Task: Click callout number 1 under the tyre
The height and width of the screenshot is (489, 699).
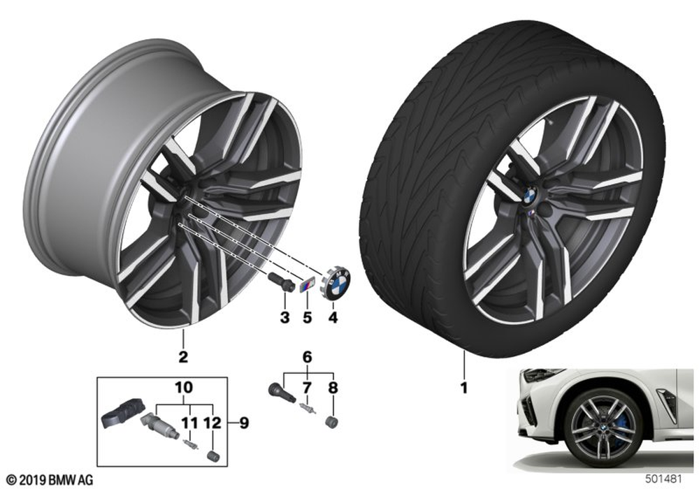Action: click(464, 388)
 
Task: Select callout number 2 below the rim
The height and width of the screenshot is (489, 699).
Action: click(182, 356)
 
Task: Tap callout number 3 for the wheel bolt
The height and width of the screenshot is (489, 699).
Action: click(284, 318)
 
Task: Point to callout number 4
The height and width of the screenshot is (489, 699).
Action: click(333, 318)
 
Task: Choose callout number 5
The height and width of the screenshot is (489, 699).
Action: click(307, 318)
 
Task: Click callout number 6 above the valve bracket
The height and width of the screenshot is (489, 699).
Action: click(307, 357)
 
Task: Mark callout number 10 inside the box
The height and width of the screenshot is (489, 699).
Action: click(184, 388)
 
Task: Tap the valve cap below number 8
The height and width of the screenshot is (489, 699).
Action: click(332, 421)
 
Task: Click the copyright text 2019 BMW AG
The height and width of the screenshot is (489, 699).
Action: click(50, 480)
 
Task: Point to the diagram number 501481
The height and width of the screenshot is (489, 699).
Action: click(664, 479)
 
